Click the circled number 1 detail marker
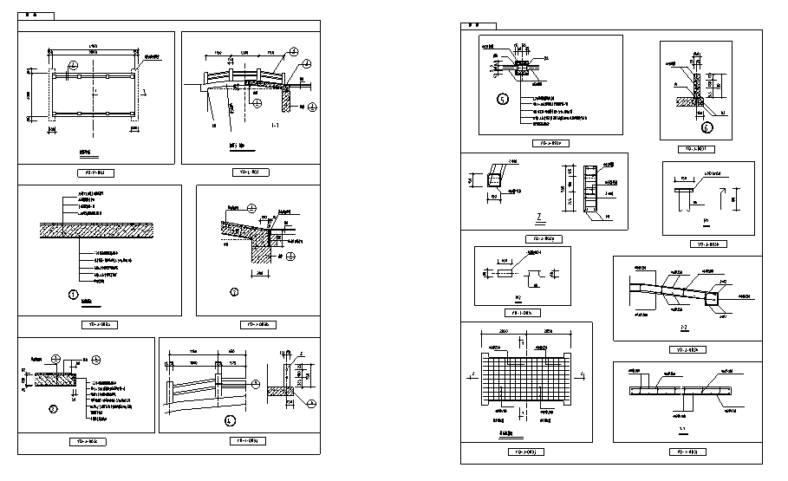[74, 295]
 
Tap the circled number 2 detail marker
[234, 291]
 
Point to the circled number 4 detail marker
[230, 421]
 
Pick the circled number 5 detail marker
[503, 99]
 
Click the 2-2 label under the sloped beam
[683, 328]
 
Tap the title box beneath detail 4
[251, 441]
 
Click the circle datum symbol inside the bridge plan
[74, 64]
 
